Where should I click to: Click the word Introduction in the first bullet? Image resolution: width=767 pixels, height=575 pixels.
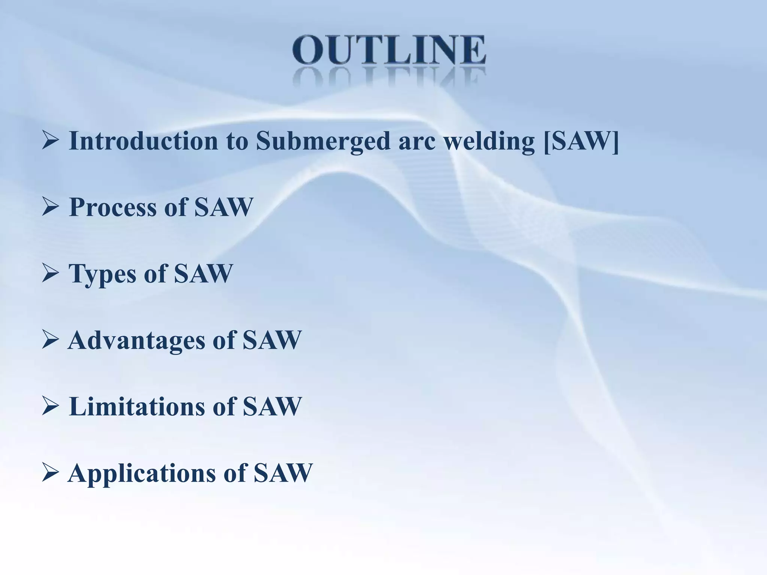click(x=143, y=141)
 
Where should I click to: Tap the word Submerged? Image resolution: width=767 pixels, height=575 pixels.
click(x=323, y=141)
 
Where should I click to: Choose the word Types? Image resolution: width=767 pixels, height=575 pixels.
click(x=102, y=274)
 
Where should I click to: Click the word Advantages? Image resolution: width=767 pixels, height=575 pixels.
click(x=136, y=340)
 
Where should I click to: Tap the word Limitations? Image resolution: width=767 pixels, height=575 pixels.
click(x=137, y=407)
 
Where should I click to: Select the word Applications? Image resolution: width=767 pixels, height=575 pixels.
click(x=142, y=473)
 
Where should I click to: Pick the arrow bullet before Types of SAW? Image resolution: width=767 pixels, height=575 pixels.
click(x=50, y=274)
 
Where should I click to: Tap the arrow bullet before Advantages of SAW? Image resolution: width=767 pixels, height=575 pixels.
click(x=50, y=340)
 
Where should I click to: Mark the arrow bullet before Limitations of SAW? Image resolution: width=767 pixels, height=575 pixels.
click(x=50, y=407)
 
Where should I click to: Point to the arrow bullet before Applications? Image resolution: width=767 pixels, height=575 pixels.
click(x=50, y=474)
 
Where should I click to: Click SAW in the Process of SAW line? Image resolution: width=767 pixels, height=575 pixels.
click(x=224, y=207)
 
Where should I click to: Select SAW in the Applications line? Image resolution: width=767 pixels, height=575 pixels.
click(x=283, y=473)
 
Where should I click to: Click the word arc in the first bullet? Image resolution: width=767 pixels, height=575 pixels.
click(x=416, y=142)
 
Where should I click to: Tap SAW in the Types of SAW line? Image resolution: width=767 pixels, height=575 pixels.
click(x=203, y=274)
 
